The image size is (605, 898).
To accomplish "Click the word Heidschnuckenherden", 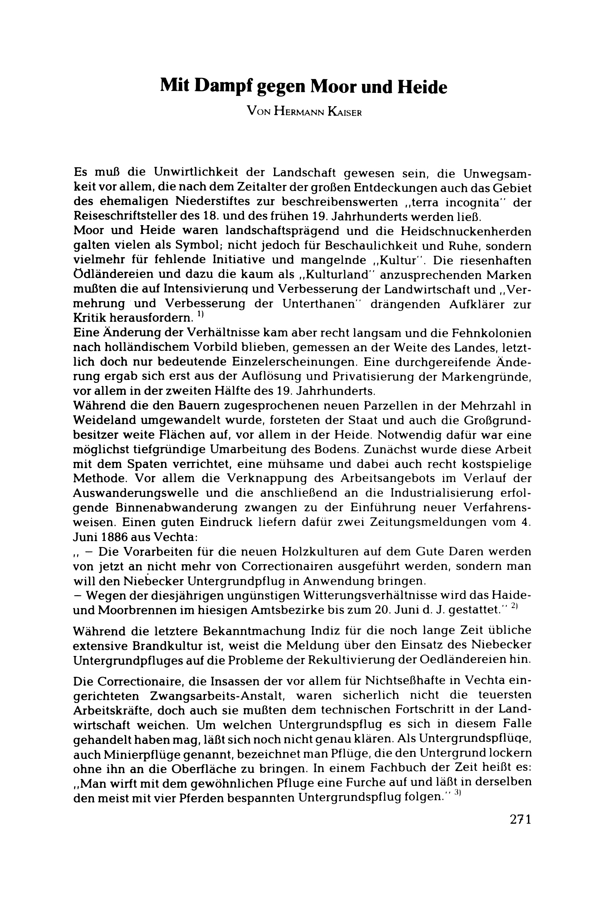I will tap(466, 231).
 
